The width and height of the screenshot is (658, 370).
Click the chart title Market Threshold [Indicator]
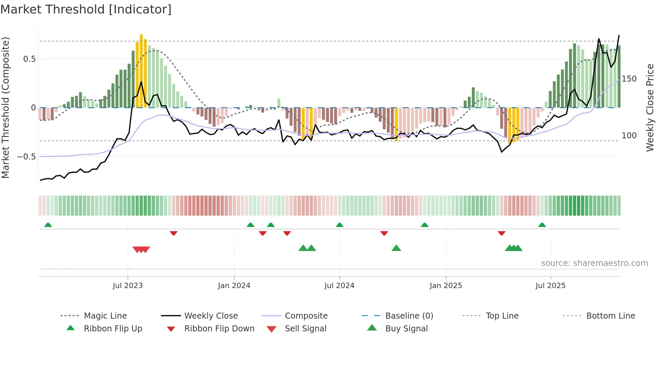[x=86, y=9]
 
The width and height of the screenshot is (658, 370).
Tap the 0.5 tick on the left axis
[x=29, y=59]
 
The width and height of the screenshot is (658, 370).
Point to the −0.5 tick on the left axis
[x=26, y=157]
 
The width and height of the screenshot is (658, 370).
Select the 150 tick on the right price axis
[x=629, y=79]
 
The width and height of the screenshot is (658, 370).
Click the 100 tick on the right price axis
[x=629, y=136]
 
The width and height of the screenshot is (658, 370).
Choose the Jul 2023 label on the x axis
[x=128, y=286]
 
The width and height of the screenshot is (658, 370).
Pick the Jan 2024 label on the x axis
[x=234, y=286]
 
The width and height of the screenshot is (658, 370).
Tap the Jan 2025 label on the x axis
[x=446, y=286]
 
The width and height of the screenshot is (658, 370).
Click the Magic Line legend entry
[x=105, y=316]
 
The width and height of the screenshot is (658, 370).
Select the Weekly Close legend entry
[x=211, y=316]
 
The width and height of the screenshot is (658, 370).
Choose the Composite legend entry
[x=306, y=316]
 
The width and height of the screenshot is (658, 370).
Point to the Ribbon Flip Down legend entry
[x=219, y=329]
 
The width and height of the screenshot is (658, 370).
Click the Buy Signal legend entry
[x=406, y=329]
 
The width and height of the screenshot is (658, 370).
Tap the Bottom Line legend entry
[x=610, y=316]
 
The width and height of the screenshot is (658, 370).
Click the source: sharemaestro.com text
[x=594, y=263]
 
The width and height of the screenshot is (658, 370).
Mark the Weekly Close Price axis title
[x=650, y=107]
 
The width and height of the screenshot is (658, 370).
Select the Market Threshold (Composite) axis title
[x=6, y=107]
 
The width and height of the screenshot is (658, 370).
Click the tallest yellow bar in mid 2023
[x=141, y=71]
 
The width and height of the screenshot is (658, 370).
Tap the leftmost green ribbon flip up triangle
[x=48, y=225]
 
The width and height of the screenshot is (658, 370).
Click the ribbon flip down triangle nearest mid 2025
[x=502, y=233]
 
